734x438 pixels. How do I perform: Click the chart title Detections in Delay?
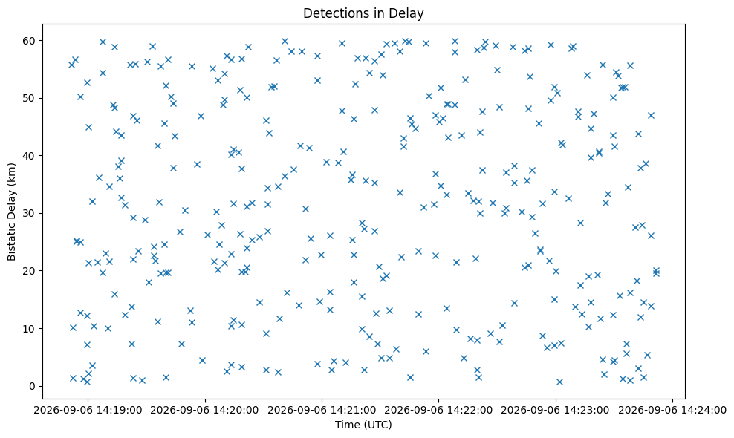(363, 13)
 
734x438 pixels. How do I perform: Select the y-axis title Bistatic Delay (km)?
(11, 212)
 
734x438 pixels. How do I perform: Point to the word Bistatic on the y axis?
(11, 242)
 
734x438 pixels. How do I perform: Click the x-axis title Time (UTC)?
(363, 425)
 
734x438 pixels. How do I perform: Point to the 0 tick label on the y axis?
(33, 387)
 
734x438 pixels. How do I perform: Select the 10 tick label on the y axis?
(30, 328)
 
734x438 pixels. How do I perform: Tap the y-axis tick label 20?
(30, 271)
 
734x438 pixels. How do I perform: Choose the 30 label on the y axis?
(30, 213)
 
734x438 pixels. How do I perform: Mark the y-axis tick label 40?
(30, 156)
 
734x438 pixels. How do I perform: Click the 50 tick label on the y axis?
(30, 98)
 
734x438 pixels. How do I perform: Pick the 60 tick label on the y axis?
(30, 41)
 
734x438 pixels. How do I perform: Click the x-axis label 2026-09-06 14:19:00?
(88, 411)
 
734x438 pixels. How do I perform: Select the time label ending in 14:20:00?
(204, 411)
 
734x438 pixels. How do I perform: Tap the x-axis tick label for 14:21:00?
(322, 411)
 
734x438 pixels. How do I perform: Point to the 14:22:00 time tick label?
(438, 411)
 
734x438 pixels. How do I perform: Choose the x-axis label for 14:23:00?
(556, 411)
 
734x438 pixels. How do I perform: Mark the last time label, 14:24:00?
(672, 411)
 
